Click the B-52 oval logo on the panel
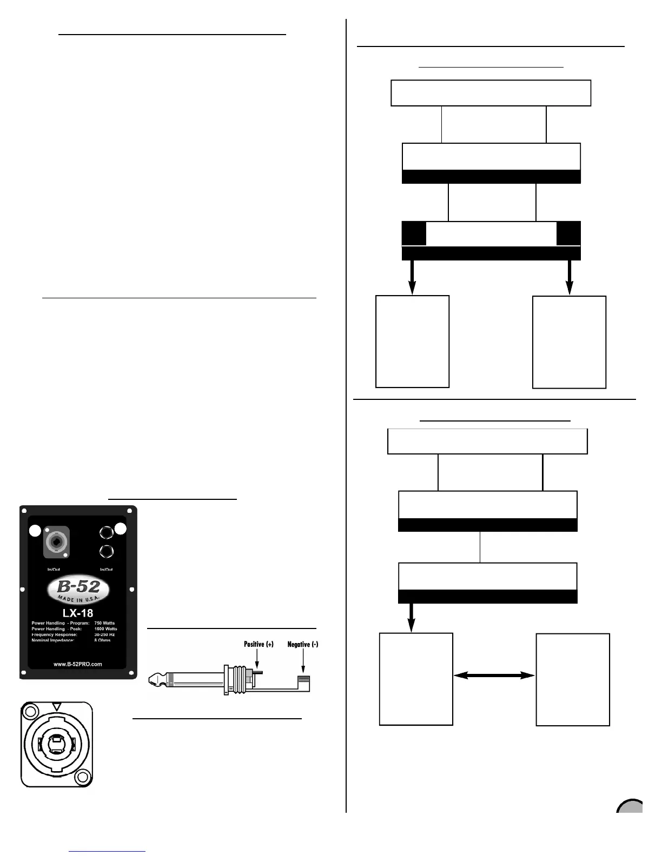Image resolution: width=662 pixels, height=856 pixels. point(78,590)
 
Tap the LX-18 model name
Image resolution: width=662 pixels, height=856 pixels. point(78,613)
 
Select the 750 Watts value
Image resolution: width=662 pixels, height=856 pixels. point(104,623)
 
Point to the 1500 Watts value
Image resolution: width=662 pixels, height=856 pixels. point(105,629)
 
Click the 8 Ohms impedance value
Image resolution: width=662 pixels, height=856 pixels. point(102,640)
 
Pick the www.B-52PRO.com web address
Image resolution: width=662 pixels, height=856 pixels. point(78,664)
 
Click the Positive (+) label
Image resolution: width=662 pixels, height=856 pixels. point(259,644)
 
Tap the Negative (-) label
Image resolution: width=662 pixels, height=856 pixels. point(302,644)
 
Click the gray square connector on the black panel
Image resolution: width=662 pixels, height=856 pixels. point(56,542)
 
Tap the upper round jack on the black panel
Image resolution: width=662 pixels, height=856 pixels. point(107,533)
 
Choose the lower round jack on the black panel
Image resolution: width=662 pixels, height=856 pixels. point(107,552)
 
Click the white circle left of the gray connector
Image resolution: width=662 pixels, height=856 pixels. point(35,531)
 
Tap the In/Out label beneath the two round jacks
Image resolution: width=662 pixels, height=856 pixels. point(106,569)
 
